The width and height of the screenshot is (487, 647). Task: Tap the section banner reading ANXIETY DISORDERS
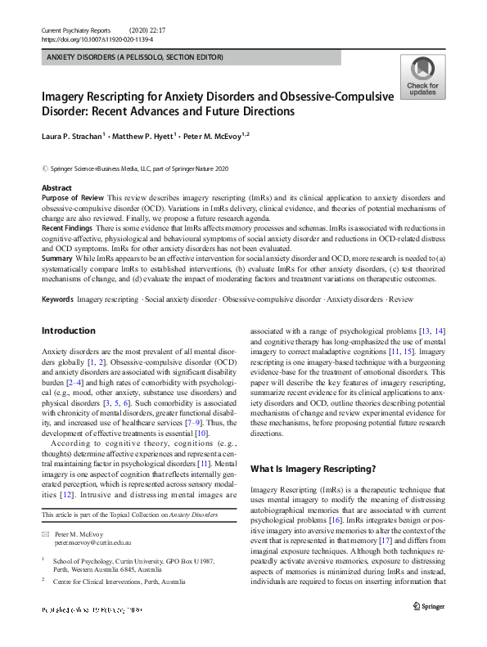pos(134,57)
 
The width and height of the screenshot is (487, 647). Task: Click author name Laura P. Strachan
pos(74,136)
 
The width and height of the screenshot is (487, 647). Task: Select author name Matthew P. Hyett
pos(151,136)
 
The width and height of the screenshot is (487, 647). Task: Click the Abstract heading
pos(56,188)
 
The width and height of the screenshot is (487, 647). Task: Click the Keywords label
pos(58,299)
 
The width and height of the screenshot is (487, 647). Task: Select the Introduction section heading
pos(68,331)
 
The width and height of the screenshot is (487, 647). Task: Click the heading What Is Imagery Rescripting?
pos(313,469)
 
